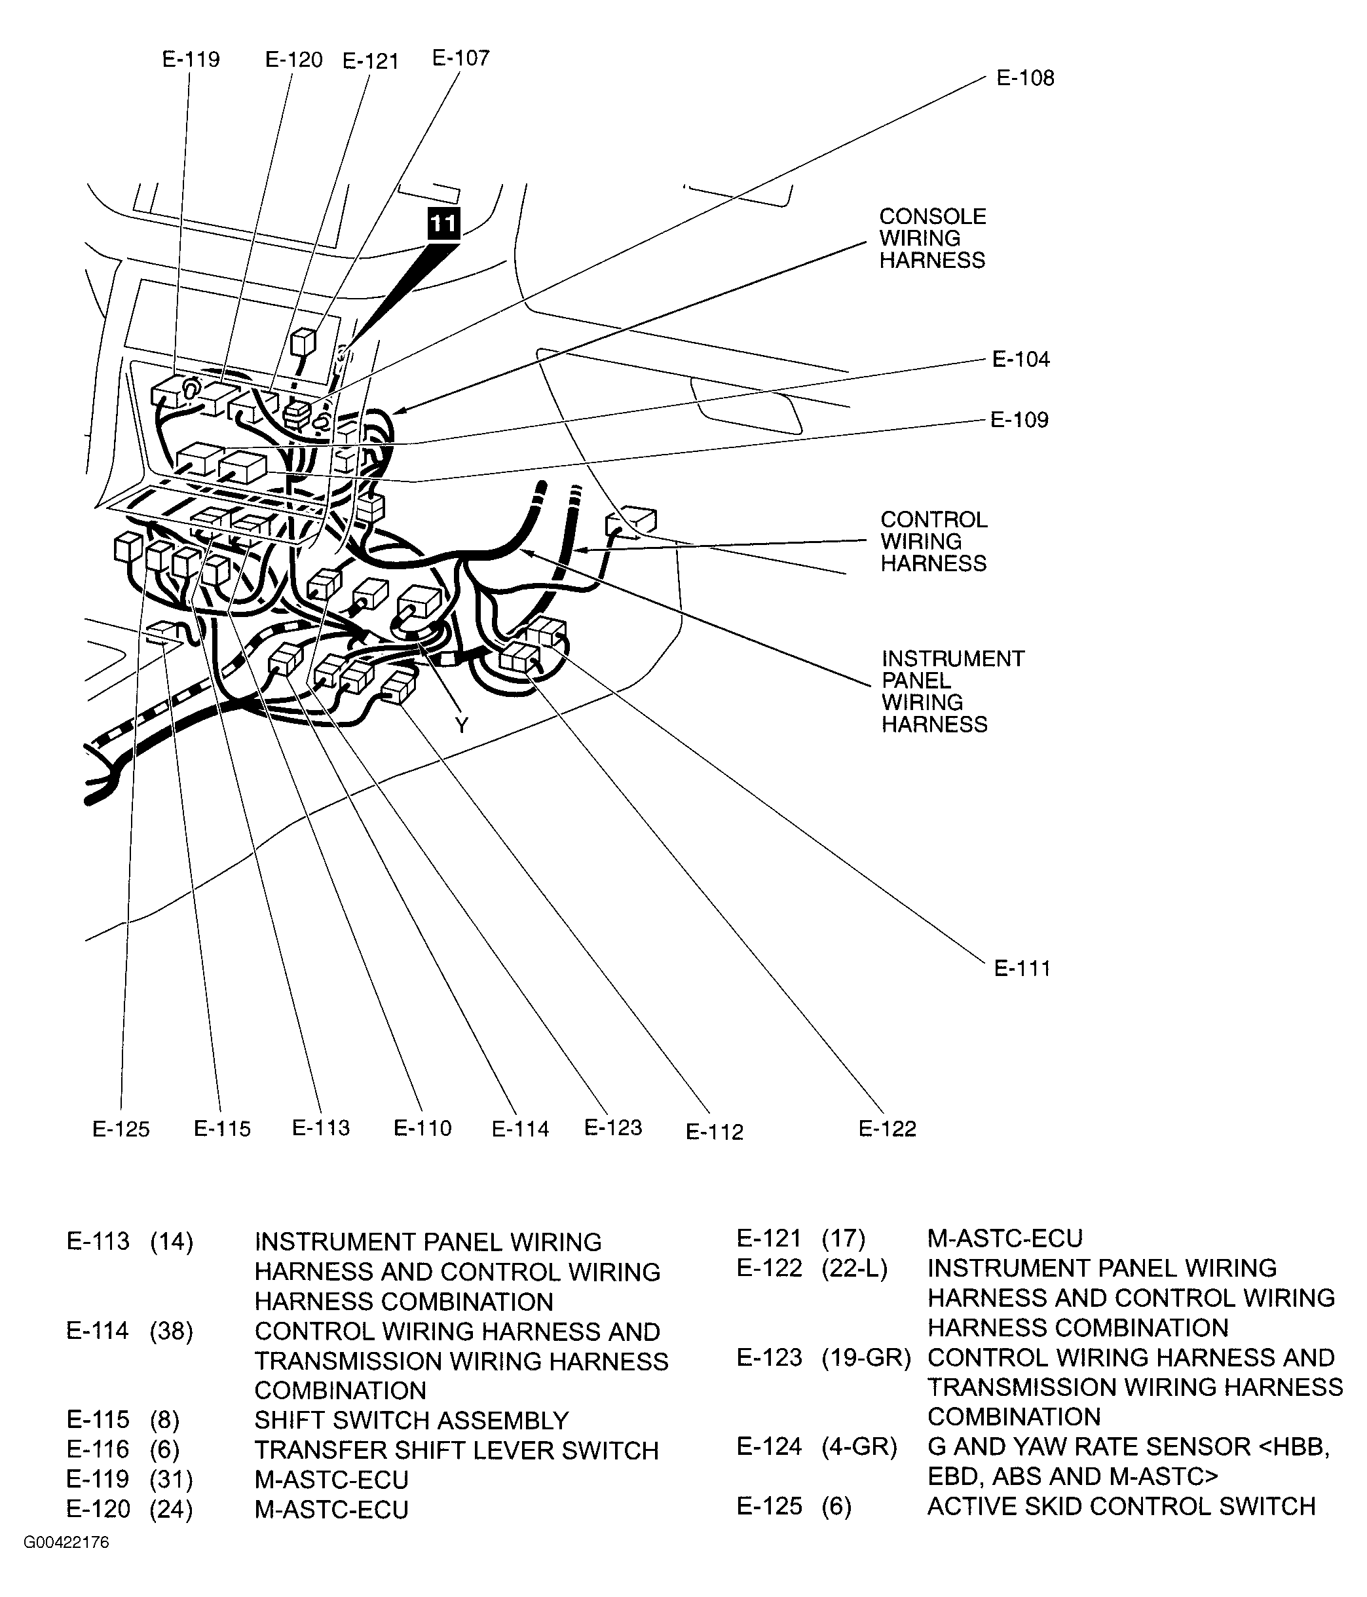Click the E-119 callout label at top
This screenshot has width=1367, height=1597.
point(191,60)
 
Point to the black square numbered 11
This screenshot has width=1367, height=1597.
point(442,224)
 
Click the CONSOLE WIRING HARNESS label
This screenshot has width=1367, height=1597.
point(931,238)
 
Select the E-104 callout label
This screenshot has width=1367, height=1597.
point(1021,359)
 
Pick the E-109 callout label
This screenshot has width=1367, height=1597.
point(1019,420)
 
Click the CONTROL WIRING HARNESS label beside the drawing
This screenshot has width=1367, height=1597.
point(933,541)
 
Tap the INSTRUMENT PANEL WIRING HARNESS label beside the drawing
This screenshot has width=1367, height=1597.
point(952,690)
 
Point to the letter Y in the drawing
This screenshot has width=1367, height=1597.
point(461,724)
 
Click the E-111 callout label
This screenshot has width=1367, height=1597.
point(1022,968)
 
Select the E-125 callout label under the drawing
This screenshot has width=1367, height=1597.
point(121,1129)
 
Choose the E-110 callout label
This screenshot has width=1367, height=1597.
point(422,1129)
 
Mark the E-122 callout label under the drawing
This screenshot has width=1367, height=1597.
point(887,1129)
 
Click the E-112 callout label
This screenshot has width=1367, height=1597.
point(715,1131)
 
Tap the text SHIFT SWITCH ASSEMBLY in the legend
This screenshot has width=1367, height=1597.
point(411,1419)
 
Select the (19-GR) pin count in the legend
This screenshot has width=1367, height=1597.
point(866,1357)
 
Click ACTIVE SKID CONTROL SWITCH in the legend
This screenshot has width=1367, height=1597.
point(1121,1505)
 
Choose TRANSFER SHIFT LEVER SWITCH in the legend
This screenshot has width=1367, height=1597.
point(456,1450)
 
